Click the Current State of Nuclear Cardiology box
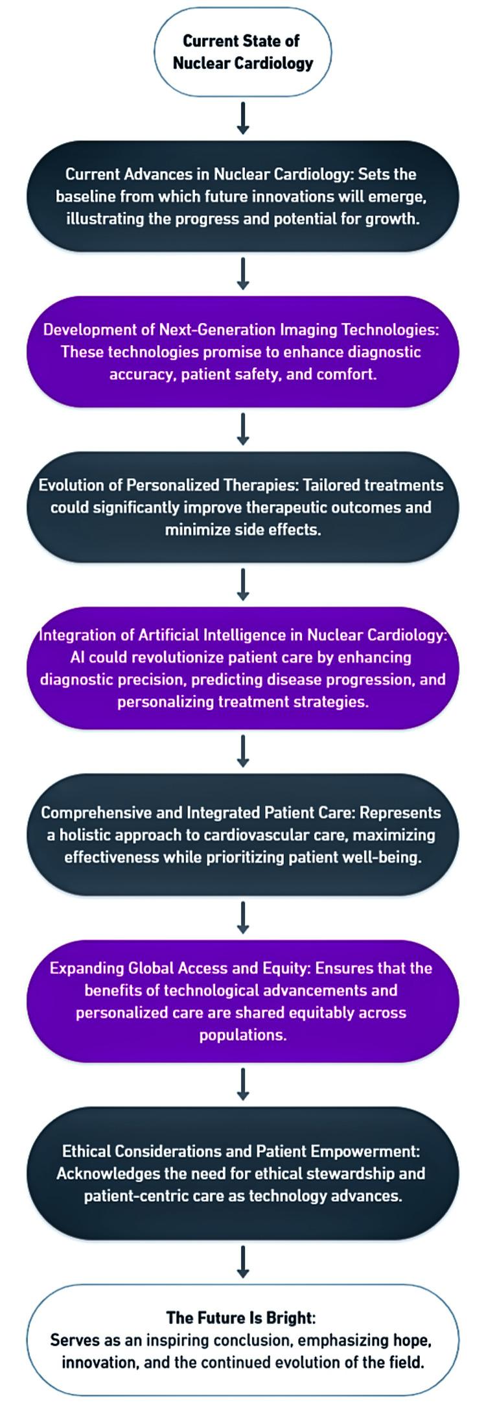242,52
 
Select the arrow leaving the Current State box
243,117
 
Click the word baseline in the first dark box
84,197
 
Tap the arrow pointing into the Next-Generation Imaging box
243,273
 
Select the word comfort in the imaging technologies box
346,374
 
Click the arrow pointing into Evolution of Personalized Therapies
243,429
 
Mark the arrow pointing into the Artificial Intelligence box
243,584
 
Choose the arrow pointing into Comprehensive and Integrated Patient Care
243,751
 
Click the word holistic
87,835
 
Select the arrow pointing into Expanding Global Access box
243,917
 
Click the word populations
243,1035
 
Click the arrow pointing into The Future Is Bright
243,1261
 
